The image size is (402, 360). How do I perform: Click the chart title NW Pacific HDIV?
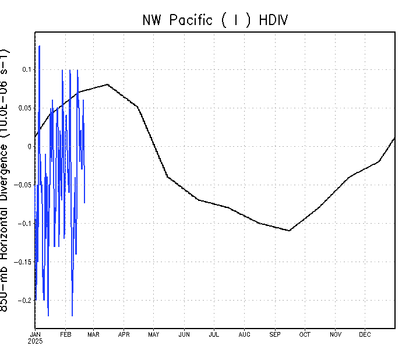click(x=216, y=20)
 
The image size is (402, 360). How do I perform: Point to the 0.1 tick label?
click(x=26, y=69)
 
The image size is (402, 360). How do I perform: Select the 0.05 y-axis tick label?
click(x=24, y=108)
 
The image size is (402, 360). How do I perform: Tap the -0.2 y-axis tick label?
click(x=24, y=301)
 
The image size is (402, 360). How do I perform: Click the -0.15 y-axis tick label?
click(x=22, y=262)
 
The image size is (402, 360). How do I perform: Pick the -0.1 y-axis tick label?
click(x=24, y=224)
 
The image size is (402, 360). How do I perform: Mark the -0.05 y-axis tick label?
click(x=22, y=185)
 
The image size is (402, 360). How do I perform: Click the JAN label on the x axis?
click(x=36, y=334)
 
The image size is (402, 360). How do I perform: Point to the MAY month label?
click(x=154, y=334)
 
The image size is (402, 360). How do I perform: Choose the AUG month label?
click(x=245, y=334)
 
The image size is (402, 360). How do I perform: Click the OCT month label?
click(x=305, y=334)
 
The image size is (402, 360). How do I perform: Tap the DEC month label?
click(x=365, y=334)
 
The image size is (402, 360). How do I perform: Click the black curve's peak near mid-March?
click(x=108, y=84)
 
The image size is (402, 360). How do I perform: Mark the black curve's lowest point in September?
click(x=290, y=231)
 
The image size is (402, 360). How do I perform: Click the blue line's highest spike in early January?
click(x=39, y=46)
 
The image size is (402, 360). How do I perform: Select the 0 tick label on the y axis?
click(x=30, y=146)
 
